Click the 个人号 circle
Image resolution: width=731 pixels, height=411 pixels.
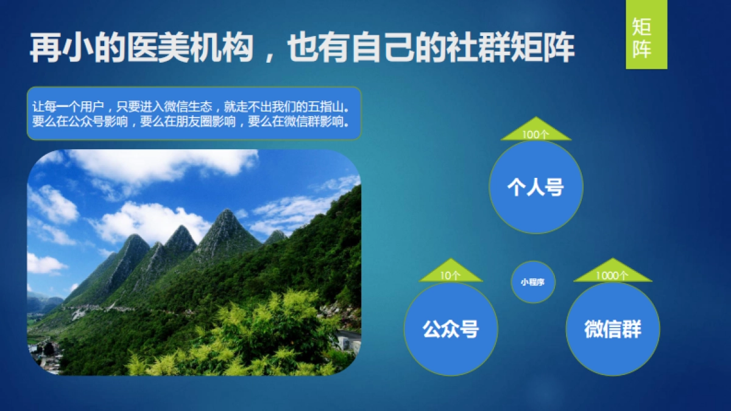[x=536, y=187]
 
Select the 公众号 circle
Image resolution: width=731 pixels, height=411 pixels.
[x=451, y=329]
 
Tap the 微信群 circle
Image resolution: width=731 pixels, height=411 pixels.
[x=613, y=329]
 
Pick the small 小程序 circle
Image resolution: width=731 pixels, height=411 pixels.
[x=533, y=282]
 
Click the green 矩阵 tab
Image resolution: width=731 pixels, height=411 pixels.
[x=646, y=35]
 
